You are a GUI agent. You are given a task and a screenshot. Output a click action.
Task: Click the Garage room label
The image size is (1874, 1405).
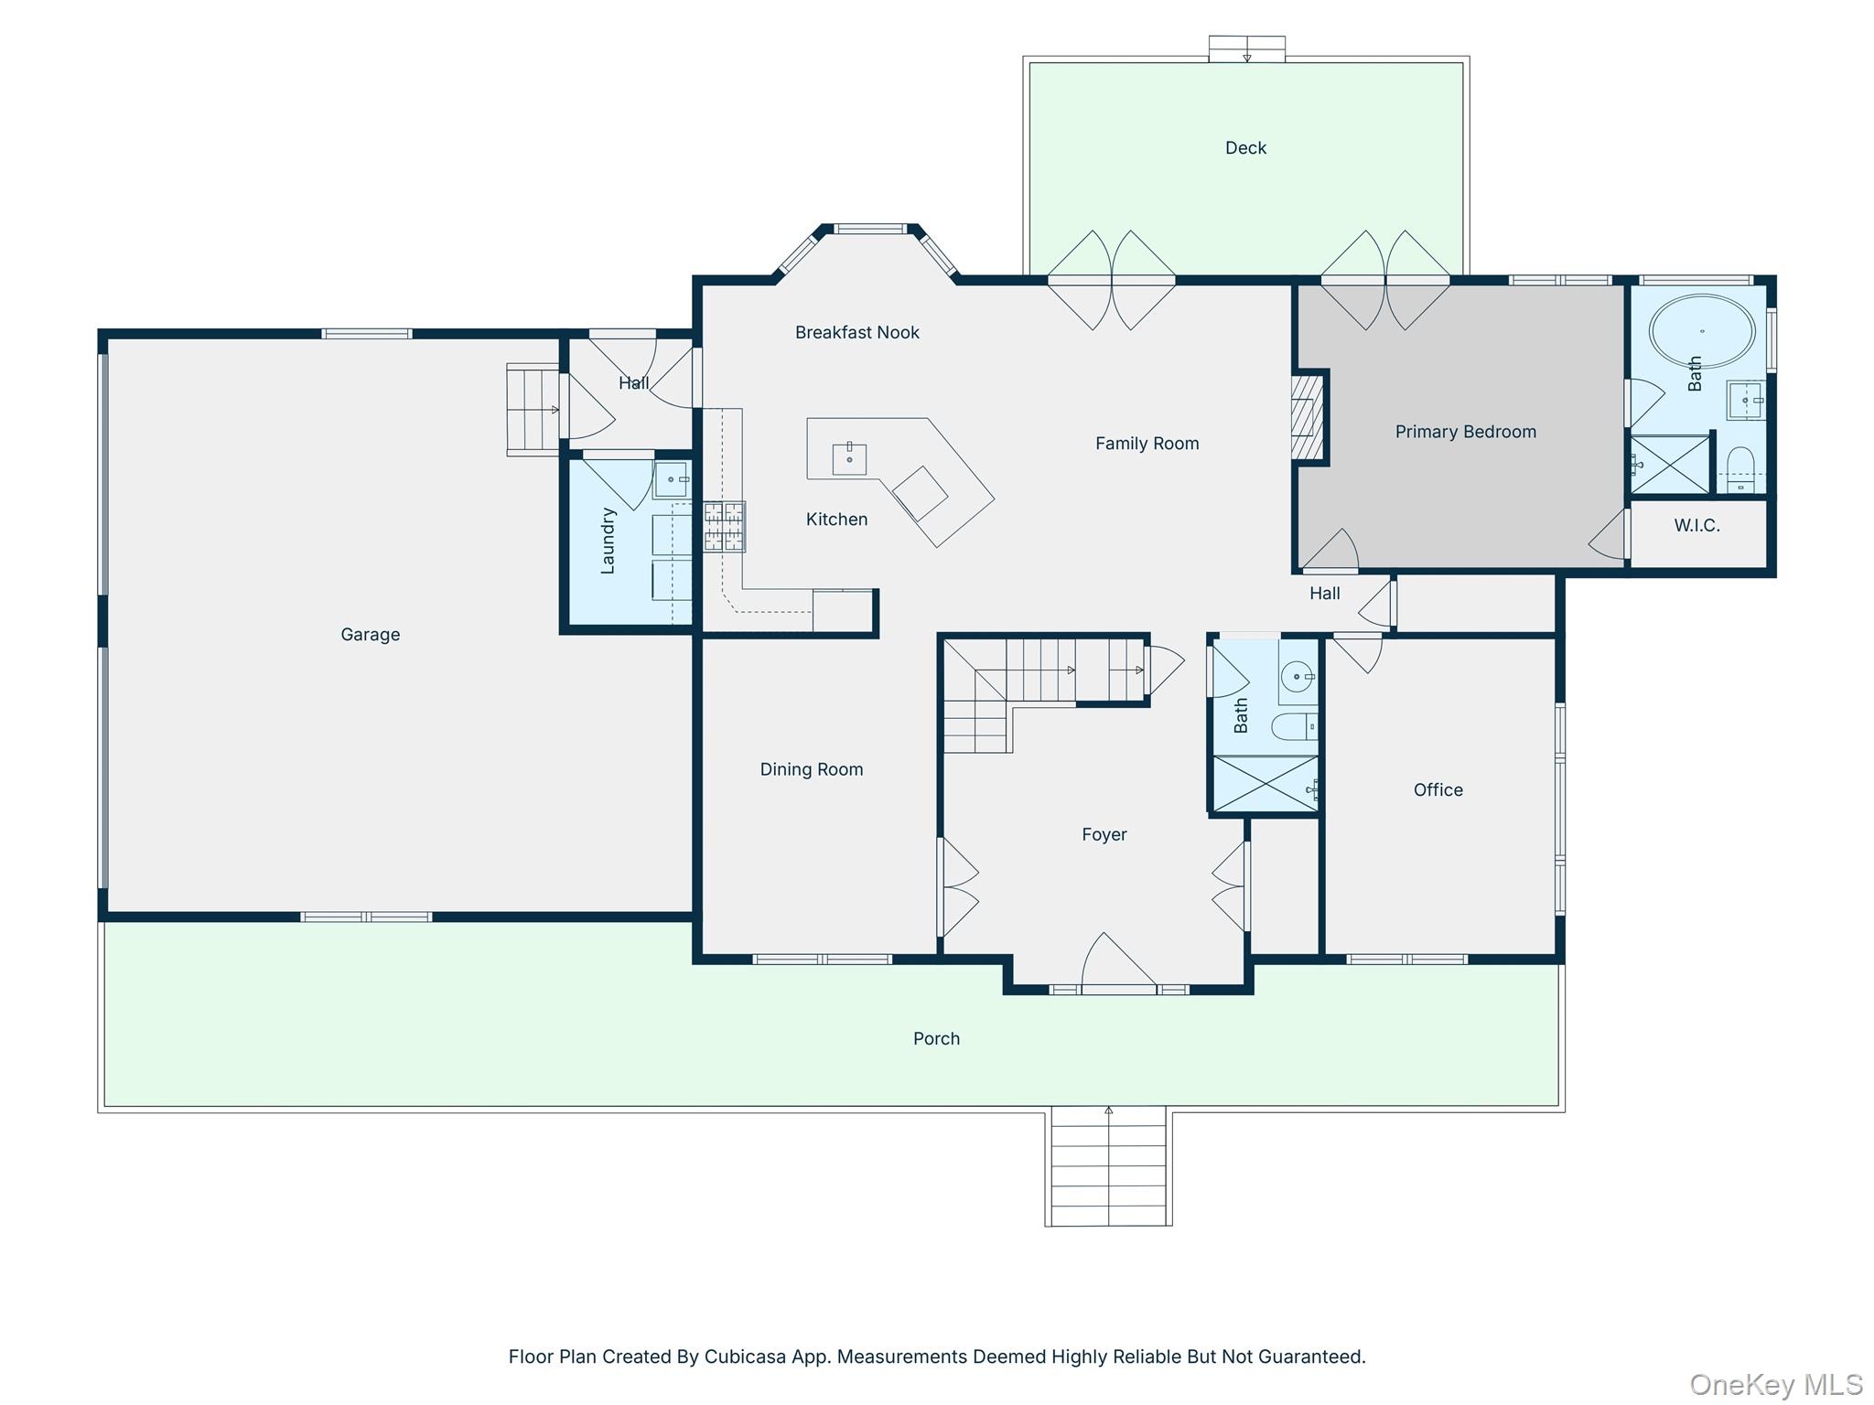pos(370,634)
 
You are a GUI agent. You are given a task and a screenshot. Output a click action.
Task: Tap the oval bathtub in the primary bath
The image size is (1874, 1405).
pos(1701,330)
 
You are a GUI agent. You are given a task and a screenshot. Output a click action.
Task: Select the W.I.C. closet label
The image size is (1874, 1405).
pos(1696,525)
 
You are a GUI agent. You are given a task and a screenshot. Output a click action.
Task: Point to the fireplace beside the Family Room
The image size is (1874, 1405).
pos(1307,417)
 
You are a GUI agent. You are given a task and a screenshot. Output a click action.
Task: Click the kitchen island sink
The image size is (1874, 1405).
pos(849,458)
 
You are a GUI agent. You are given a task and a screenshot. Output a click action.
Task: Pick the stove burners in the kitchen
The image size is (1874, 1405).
pos(724,527)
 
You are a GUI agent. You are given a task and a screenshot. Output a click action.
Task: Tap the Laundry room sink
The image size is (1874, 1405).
pos(672,478)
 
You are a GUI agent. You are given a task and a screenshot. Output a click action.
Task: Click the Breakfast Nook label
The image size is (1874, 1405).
pos(856,332)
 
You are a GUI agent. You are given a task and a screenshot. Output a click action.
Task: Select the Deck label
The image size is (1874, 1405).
pos(1245,147)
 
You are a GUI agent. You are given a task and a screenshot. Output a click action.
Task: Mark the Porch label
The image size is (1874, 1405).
pos(936,1038)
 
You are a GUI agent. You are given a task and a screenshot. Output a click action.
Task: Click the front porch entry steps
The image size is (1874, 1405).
pos(1108,1166)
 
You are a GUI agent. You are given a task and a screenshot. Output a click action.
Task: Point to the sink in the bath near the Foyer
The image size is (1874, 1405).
pos(1298,677)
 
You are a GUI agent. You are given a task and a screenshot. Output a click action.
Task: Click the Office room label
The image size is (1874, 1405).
pos(1438,789)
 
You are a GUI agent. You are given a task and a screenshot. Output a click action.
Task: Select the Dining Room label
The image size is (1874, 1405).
pos(811,769)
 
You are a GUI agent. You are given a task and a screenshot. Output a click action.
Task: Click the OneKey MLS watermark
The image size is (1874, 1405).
pos(1775,1385)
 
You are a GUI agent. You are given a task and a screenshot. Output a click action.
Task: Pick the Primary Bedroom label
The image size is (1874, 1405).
pos(1465,432)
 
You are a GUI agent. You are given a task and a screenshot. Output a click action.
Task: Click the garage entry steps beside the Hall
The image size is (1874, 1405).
pos(533,409)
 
